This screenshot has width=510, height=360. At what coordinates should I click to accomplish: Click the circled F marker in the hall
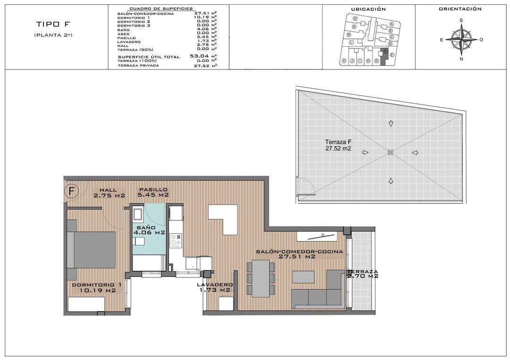click(71, 191)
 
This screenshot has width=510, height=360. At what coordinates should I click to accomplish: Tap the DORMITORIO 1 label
click(97, 287)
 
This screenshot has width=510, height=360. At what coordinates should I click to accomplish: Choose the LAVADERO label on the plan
click(215, 287)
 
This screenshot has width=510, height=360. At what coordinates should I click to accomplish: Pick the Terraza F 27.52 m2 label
click(338, 145)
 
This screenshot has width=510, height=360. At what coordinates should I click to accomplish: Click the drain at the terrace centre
click(390, 152)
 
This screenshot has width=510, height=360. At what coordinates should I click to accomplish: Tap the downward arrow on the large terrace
click(390, 124)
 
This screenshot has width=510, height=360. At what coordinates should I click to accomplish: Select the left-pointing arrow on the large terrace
click(415, 152)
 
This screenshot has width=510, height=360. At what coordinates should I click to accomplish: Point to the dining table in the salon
click(261, 278)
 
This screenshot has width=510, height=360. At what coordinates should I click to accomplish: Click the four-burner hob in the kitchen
click(176, 241)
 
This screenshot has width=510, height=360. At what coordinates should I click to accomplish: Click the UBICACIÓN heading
click(369, 9)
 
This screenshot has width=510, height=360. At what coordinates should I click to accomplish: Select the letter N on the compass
click(461, 59)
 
